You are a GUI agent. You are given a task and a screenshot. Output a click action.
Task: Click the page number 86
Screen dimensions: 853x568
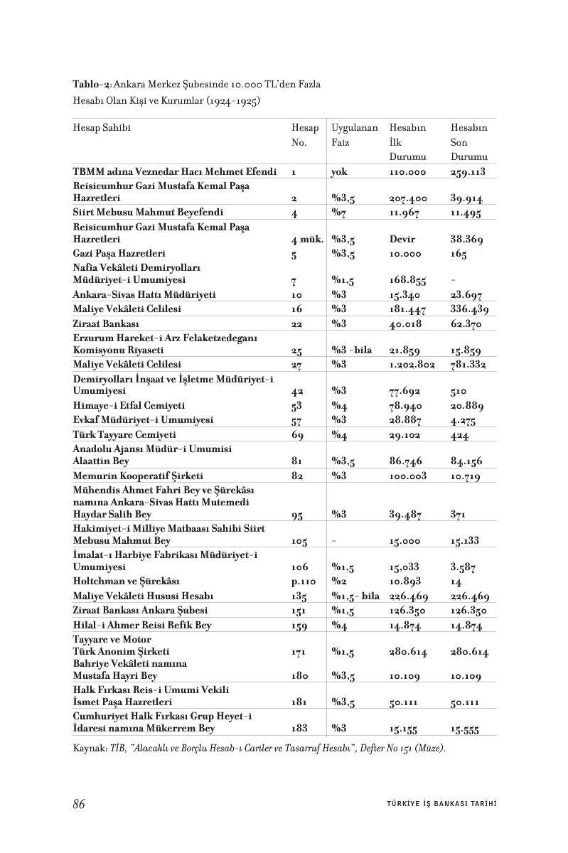[79, 805]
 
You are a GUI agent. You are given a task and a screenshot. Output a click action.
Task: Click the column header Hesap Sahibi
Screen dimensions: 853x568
[102, 129]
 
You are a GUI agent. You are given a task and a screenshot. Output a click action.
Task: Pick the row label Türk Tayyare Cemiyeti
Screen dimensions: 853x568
[124, 434]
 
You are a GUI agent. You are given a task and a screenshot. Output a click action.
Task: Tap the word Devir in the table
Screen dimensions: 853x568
[402, 240]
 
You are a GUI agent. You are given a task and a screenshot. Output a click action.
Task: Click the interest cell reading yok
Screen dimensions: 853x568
[338, 173]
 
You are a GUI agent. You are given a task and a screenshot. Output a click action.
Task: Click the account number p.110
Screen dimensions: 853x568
[304, 581]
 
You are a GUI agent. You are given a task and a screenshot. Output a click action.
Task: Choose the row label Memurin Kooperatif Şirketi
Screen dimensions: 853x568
[138, 476]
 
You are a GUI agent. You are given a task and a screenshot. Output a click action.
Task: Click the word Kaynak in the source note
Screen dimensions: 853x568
[87, 749]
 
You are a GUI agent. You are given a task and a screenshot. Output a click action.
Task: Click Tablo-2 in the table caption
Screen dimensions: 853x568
[92, 85]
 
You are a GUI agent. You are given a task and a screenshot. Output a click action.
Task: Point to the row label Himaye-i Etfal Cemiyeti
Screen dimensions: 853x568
[129, 405]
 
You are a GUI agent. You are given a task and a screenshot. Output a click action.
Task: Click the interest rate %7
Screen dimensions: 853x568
[338, 213]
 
